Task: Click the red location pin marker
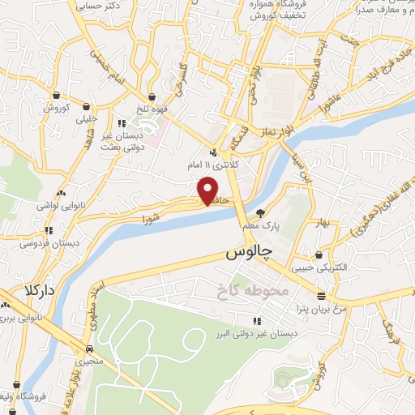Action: coord(207,190)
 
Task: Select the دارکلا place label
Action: coord(39,289)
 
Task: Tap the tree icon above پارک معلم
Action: coord(259,214)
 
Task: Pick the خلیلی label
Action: coord(84,118)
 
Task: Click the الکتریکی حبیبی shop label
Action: coord(319,267)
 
